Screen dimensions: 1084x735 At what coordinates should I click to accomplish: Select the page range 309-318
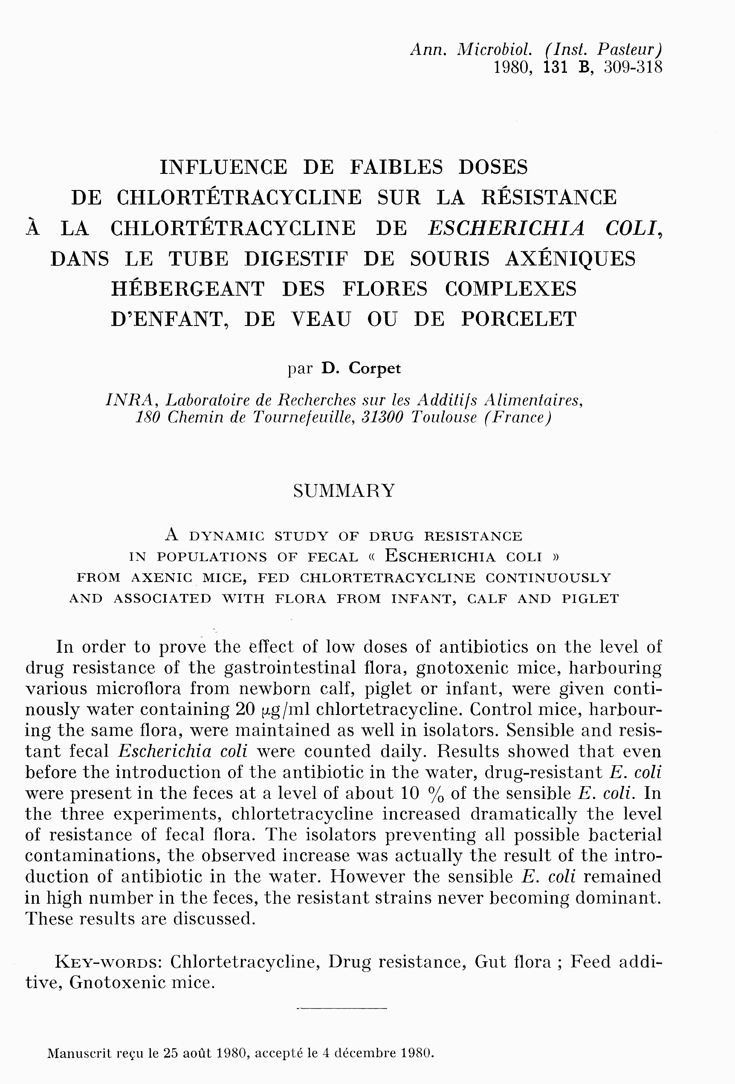pos(633,68)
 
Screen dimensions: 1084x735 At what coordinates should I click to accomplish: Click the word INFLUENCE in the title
pos(223,167)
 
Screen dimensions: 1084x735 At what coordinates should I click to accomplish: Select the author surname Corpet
pos(375,369)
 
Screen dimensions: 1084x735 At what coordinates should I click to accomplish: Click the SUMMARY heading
pos(344,491)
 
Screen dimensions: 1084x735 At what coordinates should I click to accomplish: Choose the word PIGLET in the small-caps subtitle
pos(590,599)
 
